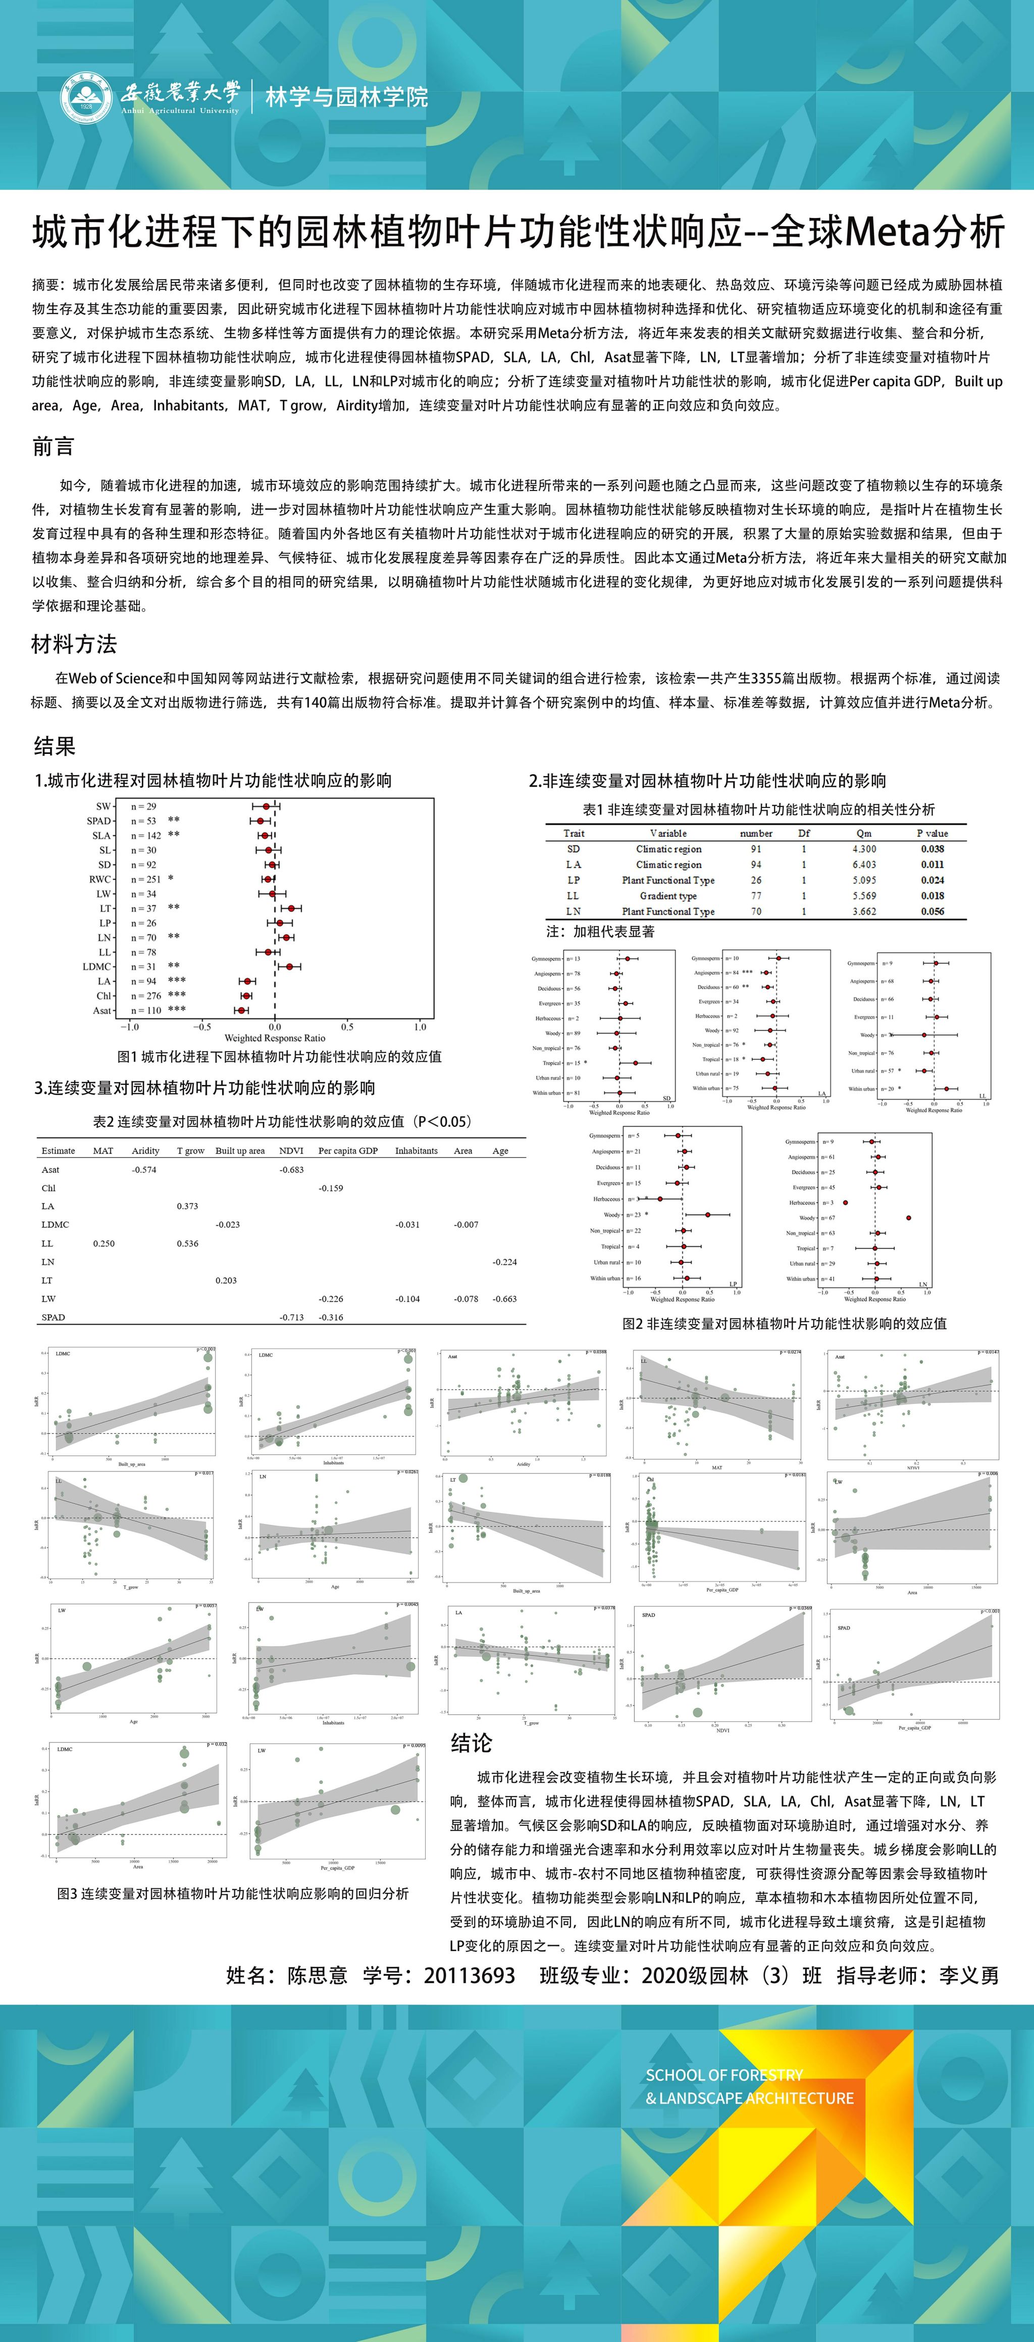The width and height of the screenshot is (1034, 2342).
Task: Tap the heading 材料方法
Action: point(74,644)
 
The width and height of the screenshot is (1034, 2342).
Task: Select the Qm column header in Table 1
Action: point(864,833)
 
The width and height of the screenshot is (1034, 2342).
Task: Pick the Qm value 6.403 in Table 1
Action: point(864,864)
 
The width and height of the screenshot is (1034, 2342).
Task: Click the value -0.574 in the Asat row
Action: point(144,1170)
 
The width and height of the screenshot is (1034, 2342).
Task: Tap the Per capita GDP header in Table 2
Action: point(348,1151)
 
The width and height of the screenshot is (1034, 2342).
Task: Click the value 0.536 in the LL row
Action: point(187,1244)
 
